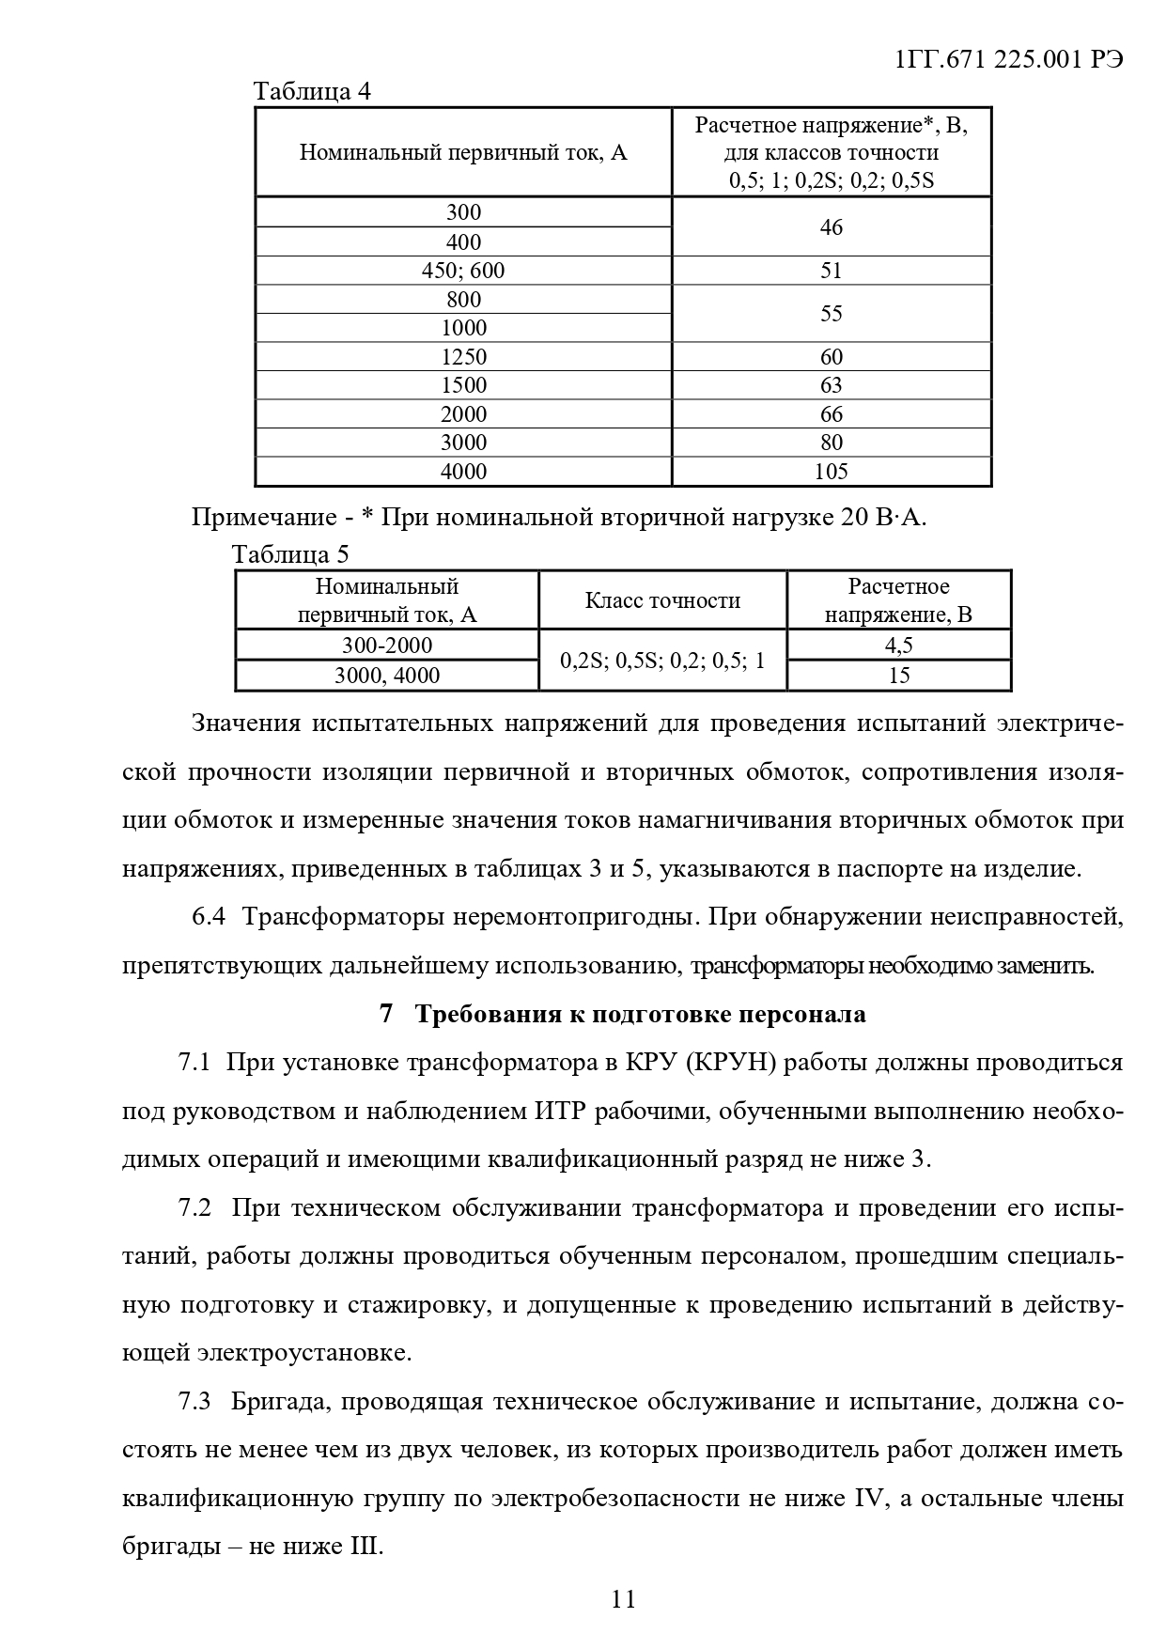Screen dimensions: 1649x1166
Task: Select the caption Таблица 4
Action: pos(312,91)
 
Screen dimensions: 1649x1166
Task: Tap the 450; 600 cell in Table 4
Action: pos(463,271)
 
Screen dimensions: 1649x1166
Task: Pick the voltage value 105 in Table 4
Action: pos(831,471)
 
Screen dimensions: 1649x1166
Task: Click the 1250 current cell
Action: pos(463,357)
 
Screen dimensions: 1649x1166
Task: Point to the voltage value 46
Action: pos(831,227)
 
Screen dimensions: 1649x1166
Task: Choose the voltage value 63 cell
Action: pos(831,385)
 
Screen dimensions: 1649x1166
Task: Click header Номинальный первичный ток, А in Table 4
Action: pos(463,152)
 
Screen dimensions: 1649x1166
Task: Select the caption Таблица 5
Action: pos(290,553)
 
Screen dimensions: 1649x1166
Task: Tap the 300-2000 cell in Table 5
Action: pos(387,646)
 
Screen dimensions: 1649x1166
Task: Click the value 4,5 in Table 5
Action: pos(898,646)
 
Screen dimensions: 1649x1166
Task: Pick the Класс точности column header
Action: pos(662,600)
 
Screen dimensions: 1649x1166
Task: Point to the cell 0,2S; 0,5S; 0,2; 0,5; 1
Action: pos(662,661)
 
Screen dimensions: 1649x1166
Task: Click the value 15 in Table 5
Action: pos(898,676)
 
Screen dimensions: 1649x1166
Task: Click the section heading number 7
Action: pos(385,1015)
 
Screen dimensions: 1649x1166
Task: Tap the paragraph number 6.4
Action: pos(209,917)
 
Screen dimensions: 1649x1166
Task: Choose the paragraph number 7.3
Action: pos(194,1402)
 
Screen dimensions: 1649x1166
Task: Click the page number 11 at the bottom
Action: pos(623,1598)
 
